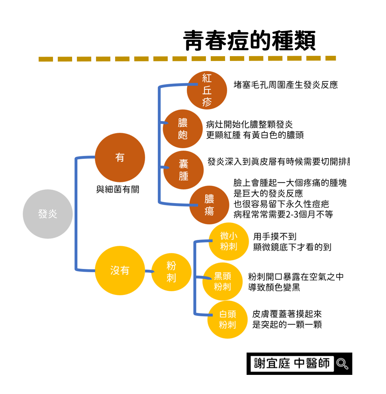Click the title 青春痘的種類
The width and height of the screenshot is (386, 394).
click(x=249, y=41)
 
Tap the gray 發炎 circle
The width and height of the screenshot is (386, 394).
click(x=48, y=214)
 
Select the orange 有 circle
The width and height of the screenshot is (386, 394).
click(x=120, y=158)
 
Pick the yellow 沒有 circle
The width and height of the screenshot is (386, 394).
click(x=120, y=271)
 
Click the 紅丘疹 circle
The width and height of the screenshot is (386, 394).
click(x=207, y=90)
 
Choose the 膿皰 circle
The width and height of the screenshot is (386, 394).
click(x=183, y=129)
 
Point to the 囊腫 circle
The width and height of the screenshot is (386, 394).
click(x=184, y=170)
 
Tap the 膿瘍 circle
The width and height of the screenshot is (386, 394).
click(x=209, y=205)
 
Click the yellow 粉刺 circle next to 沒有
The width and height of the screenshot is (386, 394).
click(x=171, y=272)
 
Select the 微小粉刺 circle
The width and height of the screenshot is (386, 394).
click(x=229, y=241)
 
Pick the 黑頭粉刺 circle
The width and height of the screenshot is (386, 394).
click(x=222, y=282)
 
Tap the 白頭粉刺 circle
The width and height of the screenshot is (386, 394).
click(x=227, y=320)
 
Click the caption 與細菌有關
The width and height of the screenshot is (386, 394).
click(x=118, y=190)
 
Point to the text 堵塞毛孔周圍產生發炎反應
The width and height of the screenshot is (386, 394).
click(x=286, y=85)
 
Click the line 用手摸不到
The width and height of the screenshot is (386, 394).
click(x=275, y=237)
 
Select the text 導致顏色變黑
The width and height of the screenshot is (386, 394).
click(x=274, y=287)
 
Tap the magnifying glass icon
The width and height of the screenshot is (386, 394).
click(x=342, y=364)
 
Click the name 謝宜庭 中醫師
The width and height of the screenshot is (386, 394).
click(x=292, y=363)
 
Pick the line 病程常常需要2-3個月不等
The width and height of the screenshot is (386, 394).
click(x=283, y=214)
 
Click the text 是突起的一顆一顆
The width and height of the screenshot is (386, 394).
click(x=287, y=325)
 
